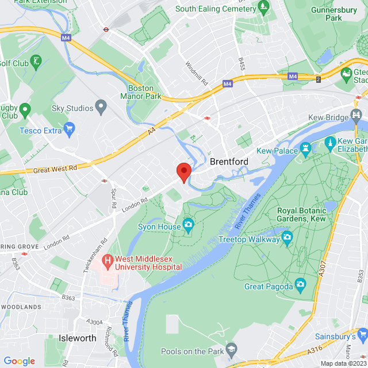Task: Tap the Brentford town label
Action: pyautogui.click(x=229, y=162)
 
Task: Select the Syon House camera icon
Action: pyautogui.click(x=188, y=224)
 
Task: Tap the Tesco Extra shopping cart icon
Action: pyautogui.click(x=70, y=127)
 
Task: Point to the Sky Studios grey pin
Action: pyautogui.click(x=101, y=106)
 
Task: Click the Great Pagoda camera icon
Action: pyautogui.click(x=300, y=284)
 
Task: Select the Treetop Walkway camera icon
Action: pyautogui.click(x=287, y=237)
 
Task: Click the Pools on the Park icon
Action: pyautogui.click(x=231, y=348)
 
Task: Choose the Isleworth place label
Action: pyautogui.click(x=78, y=338)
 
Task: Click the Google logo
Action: pyautogui.click(x=19, y=361)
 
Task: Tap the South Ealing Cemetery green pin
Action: pyautogui.click(x=263, y=8)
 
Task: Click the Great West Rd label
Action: pyautogui.click(x=56, y=168)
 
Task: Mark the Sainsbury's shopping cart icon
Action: pyautogui.click(x=362, y=333)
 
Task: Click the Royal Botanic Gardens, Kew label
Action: pyautogui.click(x=301, y=214)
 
